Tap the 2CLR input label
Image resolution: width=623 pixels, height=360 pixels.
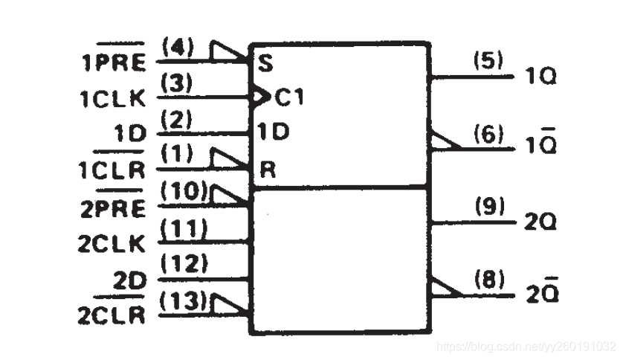112,315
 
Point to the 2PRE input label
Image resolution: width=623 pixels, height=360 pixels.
112,208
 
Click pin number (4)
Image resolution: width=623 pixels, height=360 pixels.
177,49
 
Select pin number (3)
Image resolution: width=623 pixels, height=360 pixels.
177,85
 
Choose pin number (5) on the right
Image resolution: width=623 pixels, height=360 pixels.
488,62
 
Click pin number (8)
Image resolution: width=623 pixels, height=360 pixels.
488,280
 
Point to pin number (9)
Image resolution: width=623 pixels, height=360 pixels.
488,208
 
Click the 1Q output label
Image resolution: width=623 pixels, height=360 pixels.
540,77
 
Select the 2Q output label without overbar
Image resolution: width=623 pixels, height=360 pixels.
540,222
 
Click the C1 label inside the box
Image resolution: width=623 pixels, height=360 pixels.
289,96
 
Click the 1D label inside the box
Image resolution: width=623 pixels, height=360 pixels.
273,132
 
